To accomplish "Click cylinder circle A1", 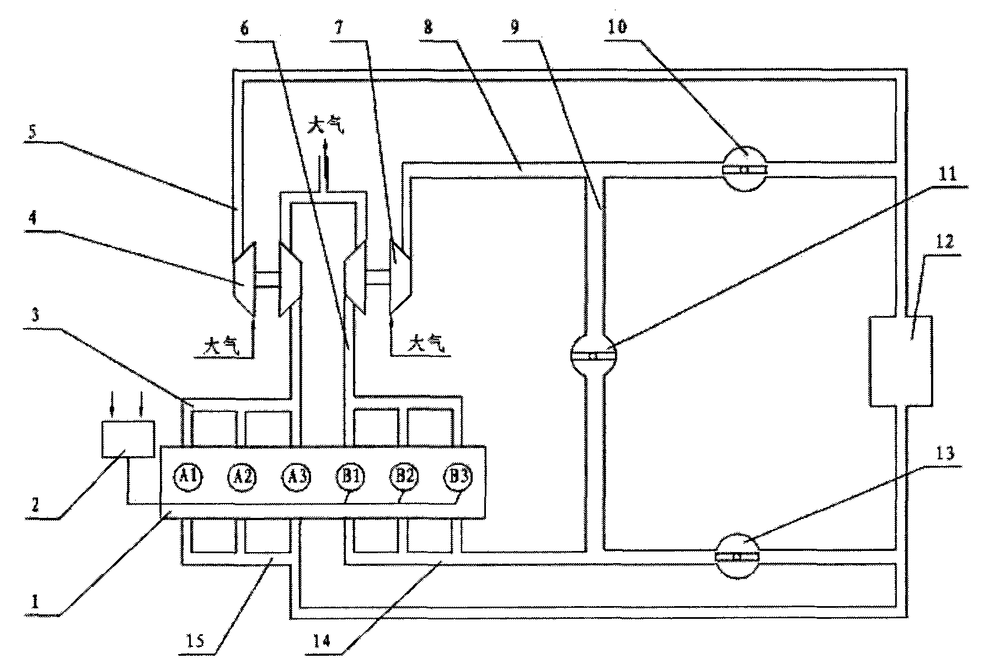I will point(189,475).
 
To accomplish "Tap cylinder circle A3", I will point(297,475).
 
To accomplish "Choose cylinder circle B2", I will point(405,475).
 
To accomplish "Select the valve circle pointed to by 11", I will point(593,356).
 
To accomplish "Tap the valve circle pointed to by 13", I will point(737,556).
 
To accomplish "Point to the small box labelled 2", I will point(128,438).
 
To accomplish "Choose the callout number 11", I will point(945,178).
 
